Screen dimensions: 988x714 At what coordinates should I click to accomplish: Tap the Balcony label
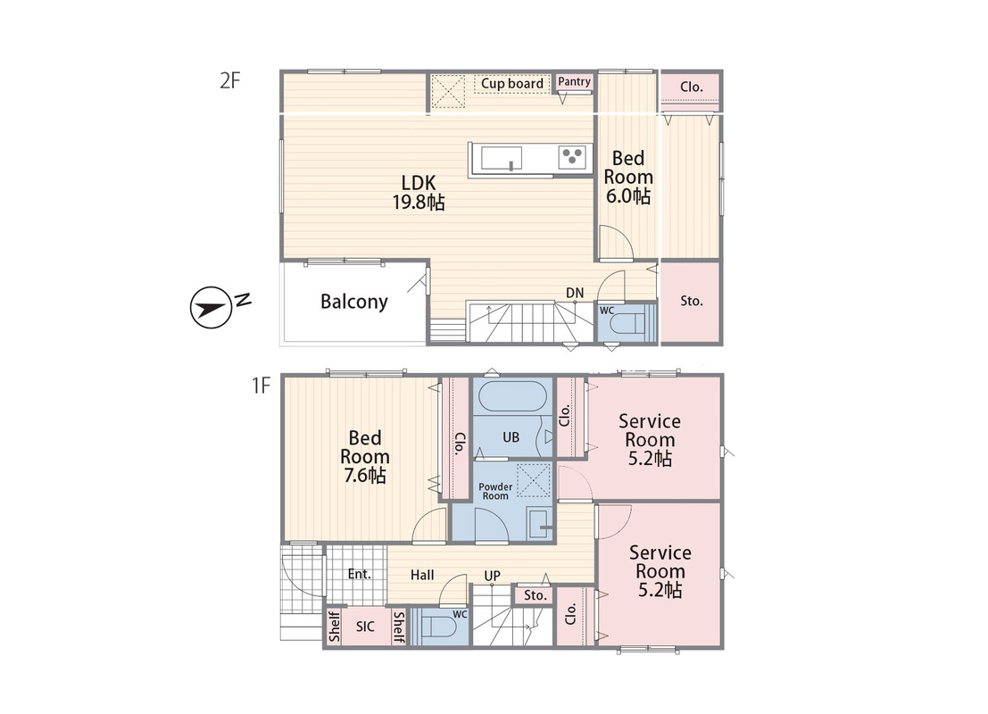point(353,302)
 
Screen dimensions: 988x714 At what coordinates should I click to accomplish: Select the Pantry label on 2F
point(574,81)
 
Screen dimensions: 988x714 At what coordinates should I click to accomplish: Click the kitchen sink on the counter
point(501,158)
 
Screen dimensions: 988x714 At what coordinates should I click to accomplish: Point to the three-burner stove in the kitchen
point(572,157)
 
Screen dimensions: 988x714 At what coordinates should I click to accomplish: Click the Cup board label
point(511,83)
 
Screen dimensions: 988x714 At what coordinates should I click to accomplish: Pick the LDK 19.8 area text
point(419,192)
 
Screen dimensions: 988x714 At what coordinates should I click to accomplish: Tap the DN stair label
point(575,293)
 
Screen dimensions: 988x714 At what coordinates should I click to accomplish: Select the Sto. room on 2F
point(691,302)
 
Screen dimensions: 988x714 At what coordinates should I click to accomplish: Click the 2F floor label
point(230,80)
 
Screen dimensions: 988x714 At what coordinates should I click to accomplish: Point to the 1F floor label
point(261,385)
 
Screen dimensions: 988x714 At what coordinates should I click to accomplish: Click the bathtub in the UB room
point(511,397)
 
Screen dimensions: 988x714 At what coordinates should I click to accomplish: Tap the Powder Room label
point(495,491)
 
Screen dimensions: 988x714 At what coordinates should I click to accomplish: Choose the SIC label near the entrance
point(365,627)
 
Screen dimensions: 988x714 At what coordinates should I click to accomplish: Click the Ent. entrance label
point(359,574)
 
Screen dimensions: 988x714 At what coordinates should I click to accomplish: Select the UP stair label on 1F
point(492,576)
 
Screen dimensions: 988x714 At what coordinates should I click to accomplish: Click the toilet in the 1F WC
point(438,627)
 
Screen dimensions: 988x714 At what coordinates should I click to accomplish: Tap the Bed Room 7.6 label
point(365,456)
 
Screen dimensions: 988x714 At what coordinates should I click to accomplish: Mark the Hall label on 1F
point(422,575)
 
